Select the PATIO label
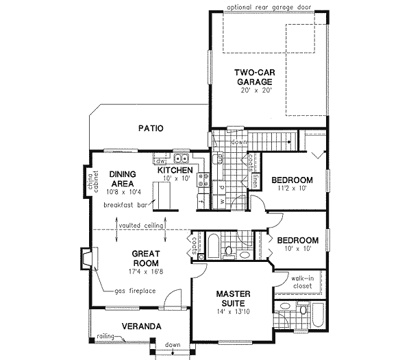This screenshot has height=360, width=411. [x=150, y=128]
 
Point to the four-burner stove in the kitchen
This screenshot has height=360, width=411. [x=203, y=180]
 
